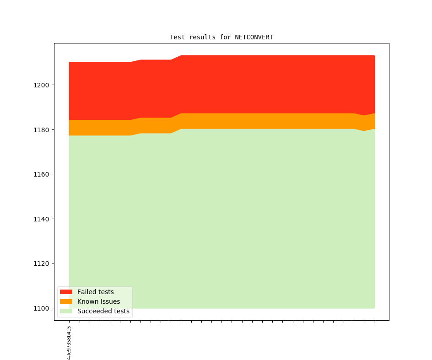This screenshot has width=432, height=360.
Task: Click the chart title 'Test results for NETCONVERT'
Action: [221, 37]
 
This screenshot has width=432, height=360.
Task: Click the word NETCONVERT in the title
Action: [254, 37]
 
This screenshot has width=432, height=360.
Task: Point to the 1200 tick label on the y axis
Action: [42, 85]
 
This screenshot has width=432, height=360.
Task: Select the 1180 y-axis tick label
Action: [42, 130]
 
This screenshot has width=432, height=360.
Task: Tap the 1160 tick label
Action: [42, 174]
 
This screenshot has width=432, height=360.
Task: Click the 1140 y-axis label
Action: [42, 219]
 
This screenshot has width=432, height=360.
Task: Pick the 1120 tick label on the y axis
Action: [42, 263]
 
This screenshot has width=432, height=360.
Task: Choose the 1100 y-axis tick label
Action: [42, 308]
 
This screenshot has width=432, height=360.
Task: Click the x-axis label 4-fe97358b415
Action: [69, 343]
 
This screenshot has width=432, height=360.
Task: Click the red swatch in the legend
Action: [66, 292]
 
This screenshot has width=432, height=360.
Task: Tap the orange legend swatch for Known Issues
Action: [66, 301]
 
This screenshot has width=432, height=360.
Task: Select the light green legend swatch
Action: [66, 311]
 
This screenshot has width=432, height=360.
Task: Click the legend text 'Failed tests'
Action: [96, 292]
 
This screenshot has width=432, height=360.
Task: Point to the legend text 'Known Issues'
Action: [98, 301]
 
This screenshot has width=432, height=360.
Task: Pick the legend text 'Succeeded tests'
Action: [103, 311]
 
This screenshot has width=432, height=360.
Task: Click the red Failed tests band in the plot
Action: [229, 85]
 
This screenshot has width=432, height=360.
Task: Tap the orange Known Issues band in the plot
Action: [229, 121]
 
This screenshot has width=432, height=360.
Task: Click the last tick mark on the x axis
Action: [374, 321]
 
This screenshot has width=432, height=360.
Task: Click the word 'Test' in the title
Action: [178, 37]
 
